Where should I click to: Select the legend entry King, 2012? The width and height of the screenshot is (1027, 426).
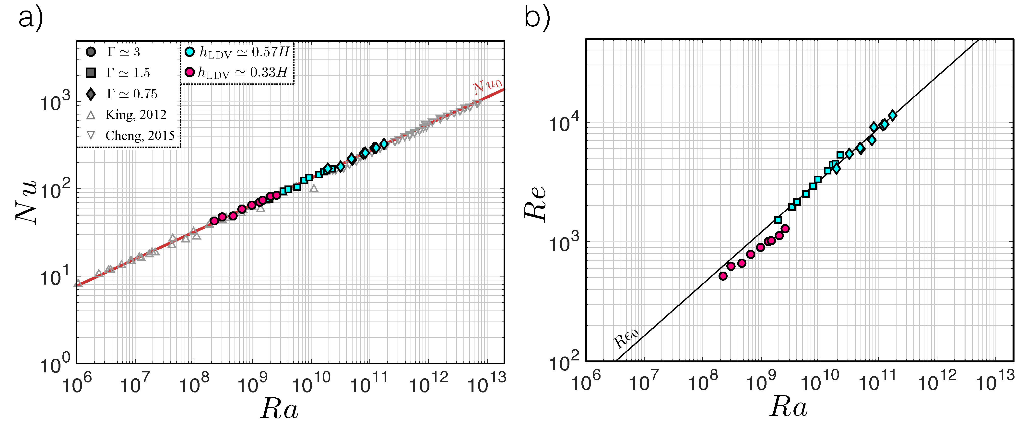pyautogui.click(x=136, y=115)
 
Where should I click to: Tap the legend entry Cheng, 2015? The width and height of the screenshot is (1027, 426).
pyautogui.click(x=140, y=136)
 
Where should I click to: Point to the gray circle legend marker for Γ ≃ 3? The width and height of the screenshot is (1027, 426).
pyautogui.click(x=91, y=52)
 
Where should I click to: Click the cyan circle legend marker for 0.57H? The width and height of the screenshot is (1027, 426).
pyautogui.click(x=190, y=51)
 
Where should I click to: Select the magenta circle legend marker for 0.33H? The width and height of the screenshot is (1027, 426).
pyautogui.click(x=190, y=72)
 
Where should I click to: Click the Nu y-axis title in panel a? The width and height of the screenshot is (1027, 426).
pyautogui.click(x=26, y=202)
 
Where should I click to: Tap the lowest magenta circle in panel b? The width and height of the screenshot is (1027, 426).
pyautogui.click(x=723, y=276)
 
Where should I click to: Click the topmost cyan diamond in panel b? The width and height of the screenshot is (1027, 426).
pyautogui.click(x=893, y=115)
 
